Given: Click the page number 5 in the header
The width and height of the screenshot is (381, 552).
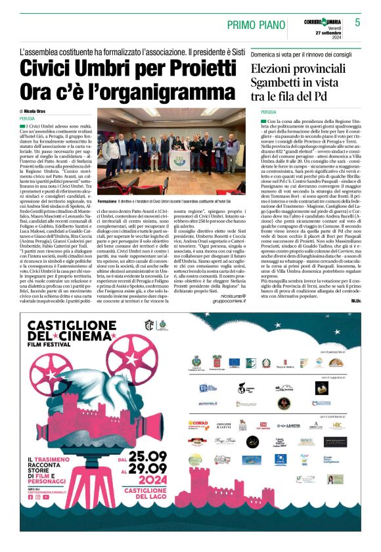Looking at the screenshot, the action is (x=358, y=22).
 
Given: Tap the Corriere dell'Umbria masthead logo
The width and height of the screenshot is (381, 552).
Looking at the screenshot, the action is (x=323, y=17).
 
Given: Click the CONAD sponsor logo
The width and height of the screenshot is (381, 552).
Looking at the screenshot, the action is (x=198, y=423).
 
